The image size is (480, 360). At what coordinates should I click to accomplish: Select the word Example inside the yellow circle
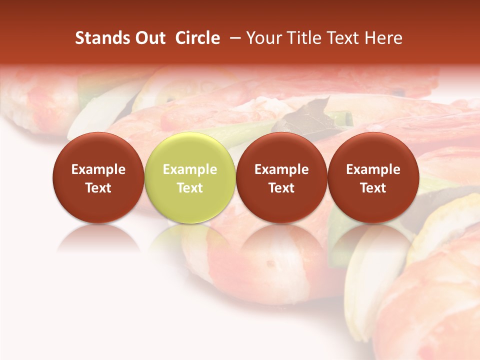190,169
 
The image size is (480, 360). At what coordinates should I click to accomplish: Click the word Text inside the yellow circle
190,188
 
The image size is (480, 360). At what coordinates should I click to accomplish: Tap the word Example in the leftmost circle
98,169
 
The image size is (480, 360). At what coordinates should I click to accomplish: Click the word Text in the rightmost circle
373,188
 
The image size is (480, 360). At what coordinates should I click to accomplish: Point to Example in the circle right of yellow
281,169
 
